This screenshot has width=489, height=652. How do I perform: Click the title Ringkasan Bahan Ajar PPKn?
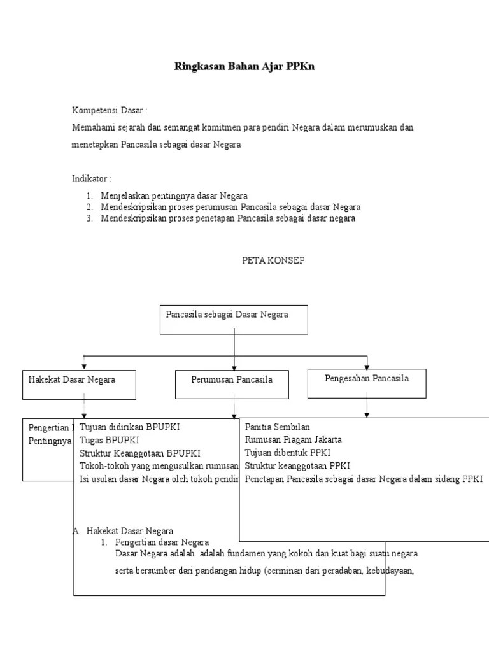click(244, 66)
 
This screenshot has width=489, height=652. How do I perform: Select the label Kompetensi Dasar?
click(109, 110)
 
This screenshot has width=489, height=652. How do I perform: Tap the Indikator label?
click(91, 178)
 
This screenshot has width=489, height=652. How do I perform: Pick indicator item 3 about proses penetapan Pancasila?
click(227, 218)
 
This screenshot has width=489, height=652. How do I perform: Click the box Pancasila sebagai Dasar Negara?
click(234, 319)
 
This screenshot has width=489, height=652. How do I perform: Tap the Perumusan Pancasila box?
click(232, 385)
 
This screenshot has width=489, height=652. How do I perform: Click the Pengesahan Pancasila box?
click(366, 383)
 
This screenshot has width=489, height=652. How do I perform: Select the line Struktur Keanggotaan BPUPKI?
click(140, 453)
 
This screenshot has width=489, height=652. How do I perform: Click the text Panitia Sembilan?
click(277, 427)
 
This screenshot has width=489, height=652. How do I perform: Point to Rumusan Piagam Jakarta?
click(293, 439)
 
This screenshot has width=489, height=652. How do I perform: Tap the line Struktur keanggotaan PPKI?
click(297, 465)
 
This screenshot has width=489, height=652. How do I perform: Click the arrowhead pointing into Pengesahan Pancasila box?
click(366, 367)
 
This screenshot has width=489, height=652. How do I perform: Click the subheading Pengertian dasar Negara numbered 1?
click(162, 542)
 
